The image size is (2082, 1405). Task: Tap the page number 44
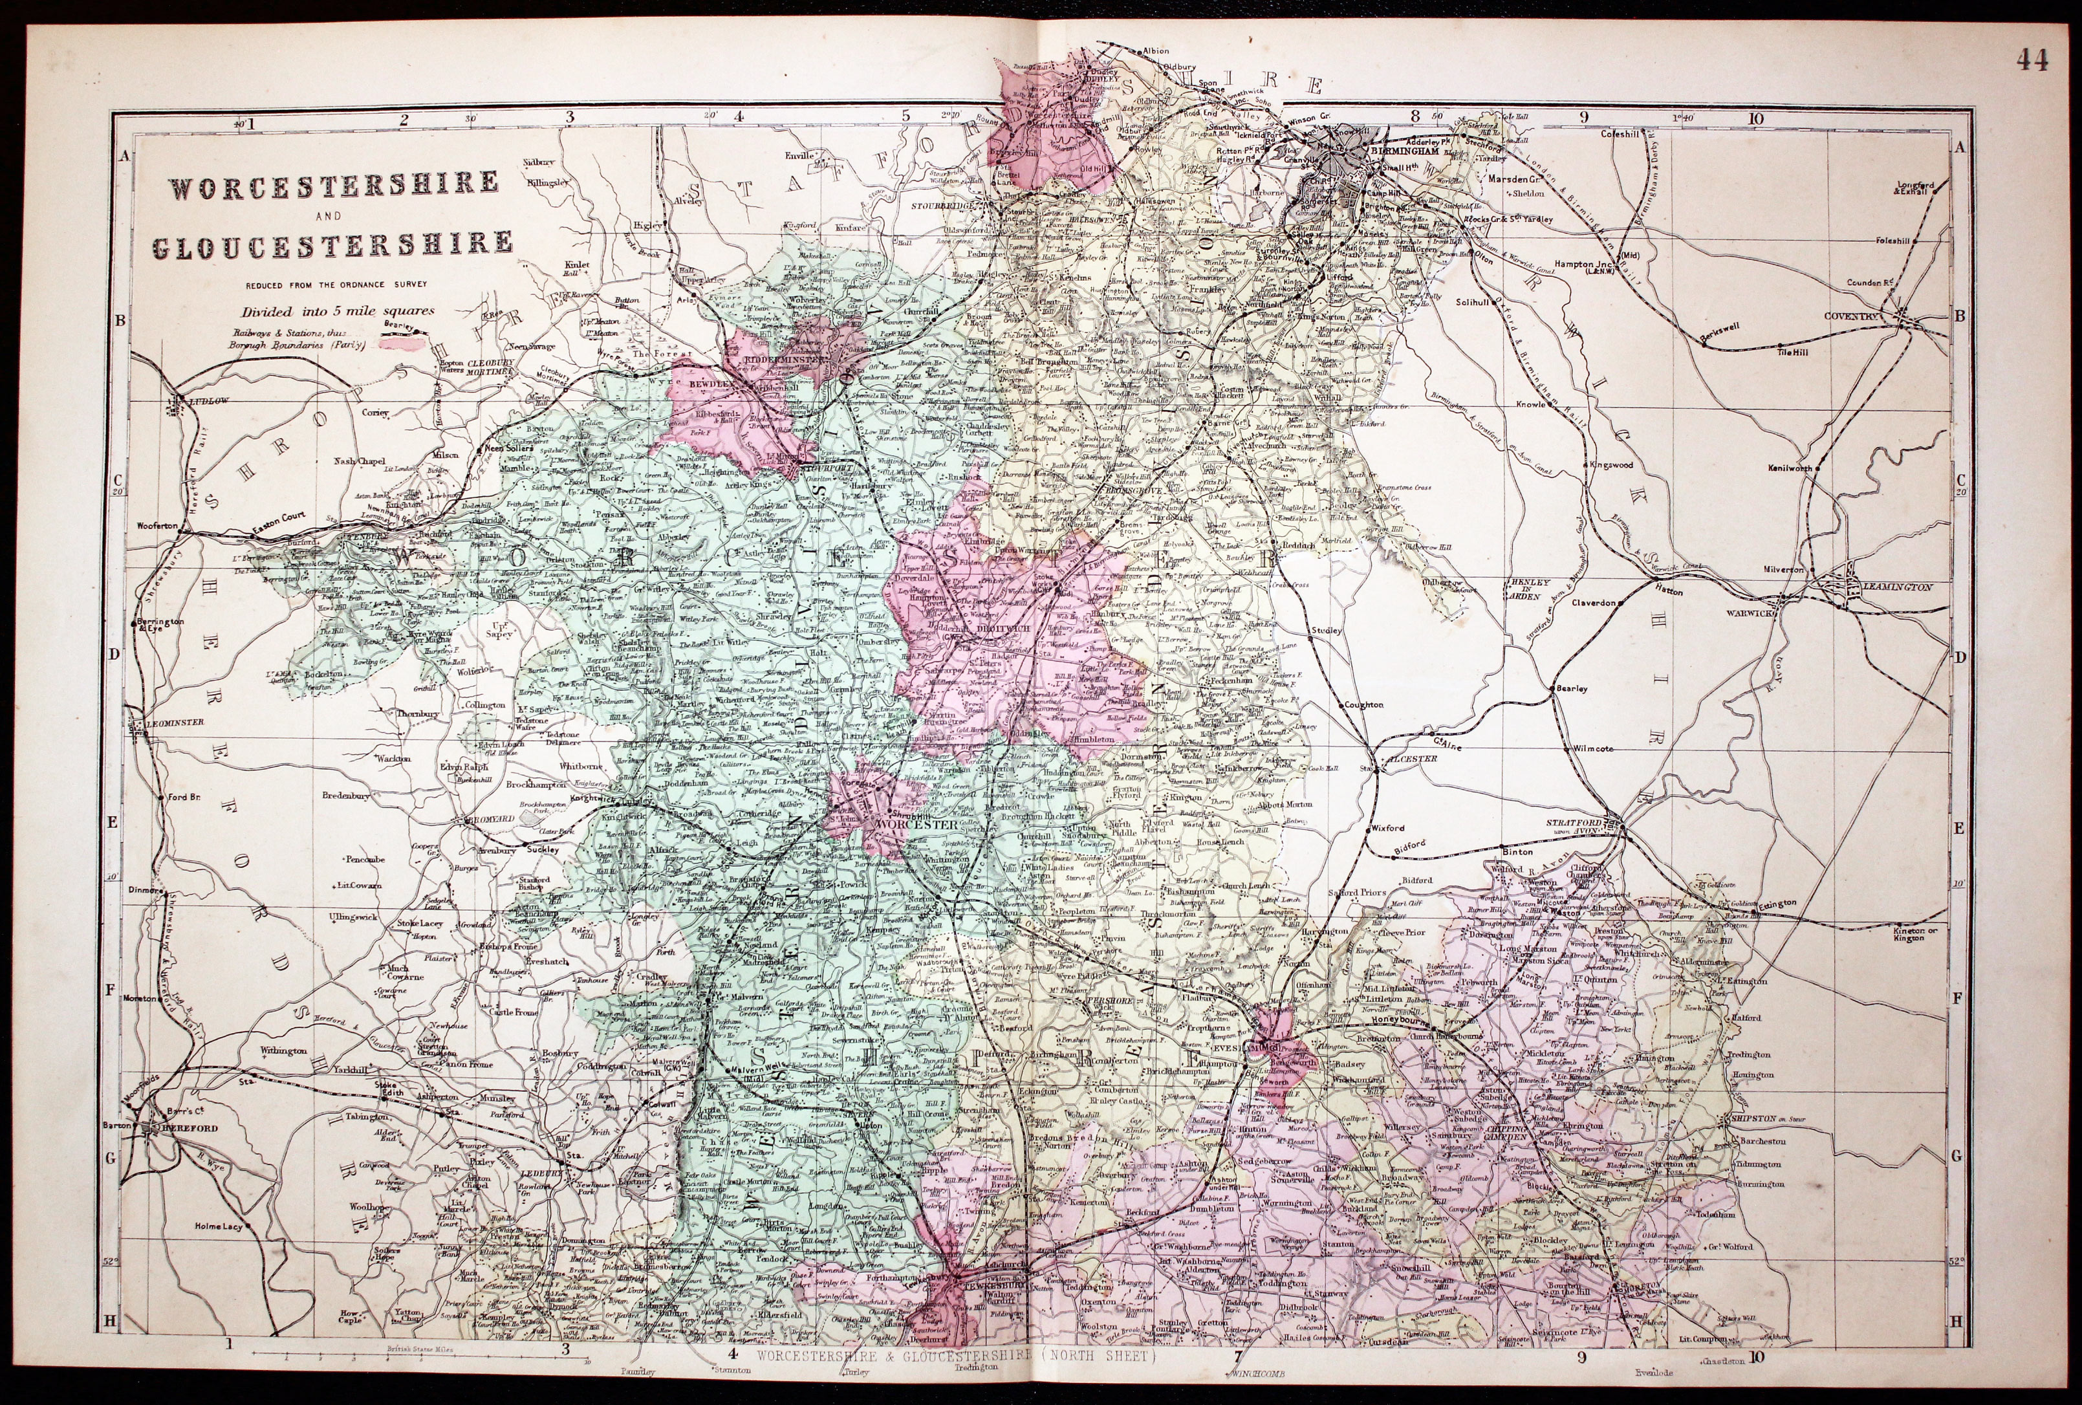point(2032,60)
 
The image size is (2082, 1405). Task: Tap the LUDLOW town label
point(211,402)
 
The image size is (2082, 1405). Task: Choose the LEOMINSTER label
point(177,721)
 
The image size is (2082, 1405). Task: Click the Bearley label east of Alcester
point(1571,688)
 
